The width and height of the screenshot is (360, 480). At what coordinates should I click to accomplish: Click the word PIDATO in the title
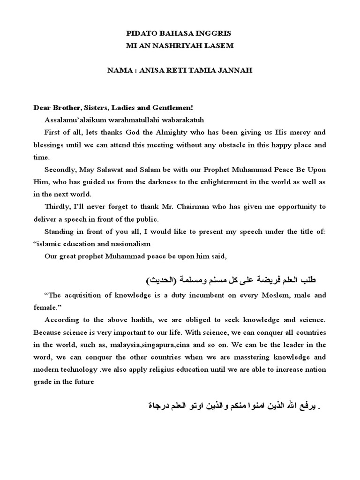tap(141, 34)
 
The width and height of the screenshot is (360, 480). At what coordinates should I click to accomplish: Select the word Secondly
tap(60, 169)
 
